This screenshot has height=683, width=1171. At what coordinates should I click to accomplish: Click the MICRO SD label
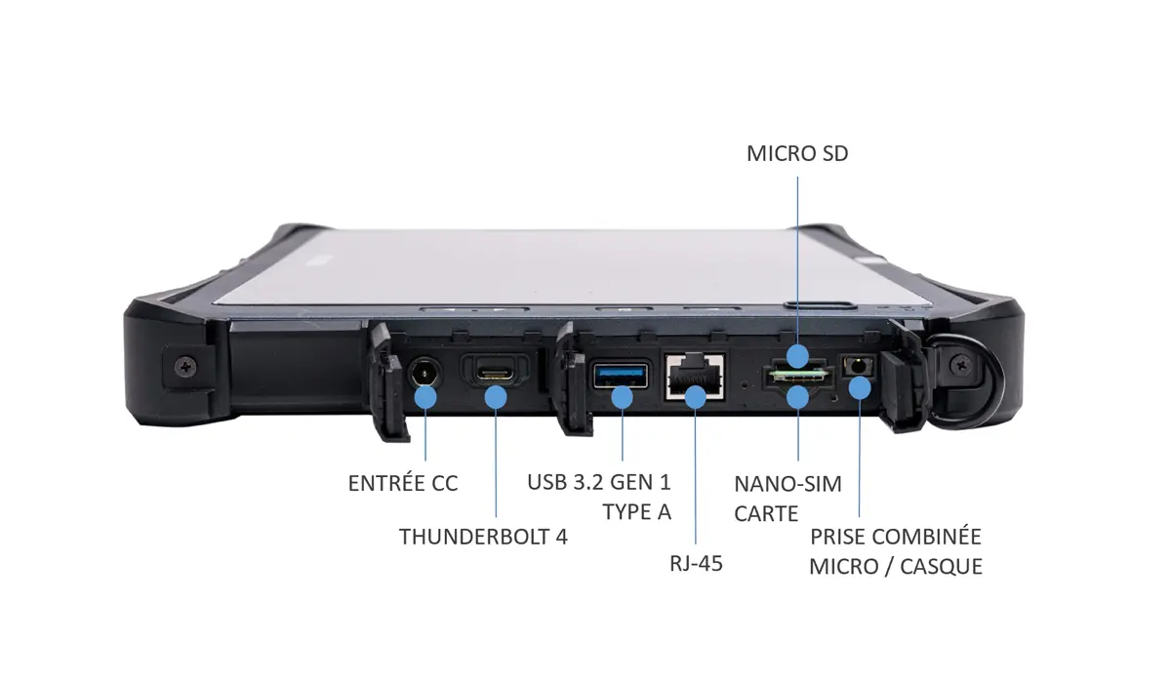pos(797,154)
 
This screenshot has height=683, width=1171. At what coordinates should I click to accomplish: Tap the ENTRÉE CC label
pos(403,483)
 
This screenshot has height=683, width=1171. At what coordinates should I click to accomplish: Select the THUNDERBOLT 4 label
pos(483,536)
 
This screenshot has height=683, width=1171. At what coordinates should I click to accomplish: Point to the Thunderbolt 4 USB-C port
pos(496,372)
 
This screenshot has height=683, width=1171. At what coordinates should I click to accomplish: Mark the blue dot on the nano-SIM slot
pos(798,396)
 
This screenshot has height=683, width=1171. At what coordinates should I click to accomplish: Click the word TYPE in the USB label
pos(625,510)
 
